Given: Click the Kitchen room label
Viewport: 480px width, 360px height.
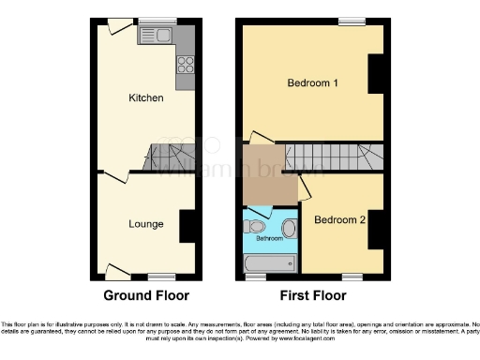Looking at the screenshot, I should [146, 97].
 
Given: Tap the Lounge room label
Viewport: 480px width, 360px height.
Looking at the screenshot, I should [146, 224].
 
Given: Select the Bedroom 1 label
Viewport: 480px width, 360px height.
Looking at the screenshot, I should [312, 83].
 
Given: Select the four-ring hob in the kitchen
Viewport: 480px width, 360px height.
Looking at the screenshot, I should [185, 66].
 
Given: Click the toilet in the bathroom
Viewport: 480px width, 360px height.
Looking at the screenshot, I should [257, 226].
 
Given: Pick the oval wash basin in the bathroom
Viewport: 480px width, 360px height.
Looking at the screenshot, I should [289, 229].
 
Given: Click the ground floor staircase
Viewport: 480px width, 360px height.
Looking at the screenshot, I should [169, 157].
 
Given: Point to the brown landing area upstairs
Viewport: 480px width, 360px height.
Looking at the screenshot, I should [268, 175].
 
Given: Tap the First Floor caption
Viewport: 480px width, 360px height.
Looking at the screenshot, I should [312, 295].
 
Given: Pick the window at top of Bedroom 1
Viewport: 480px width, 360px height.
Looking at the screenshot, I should [352, 22].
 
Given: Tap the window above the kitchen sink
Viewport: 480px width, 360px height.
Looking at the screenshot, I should [157, 22].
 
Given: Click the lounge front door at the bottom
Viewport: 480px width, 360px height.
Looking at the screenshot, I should [117, 272].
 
